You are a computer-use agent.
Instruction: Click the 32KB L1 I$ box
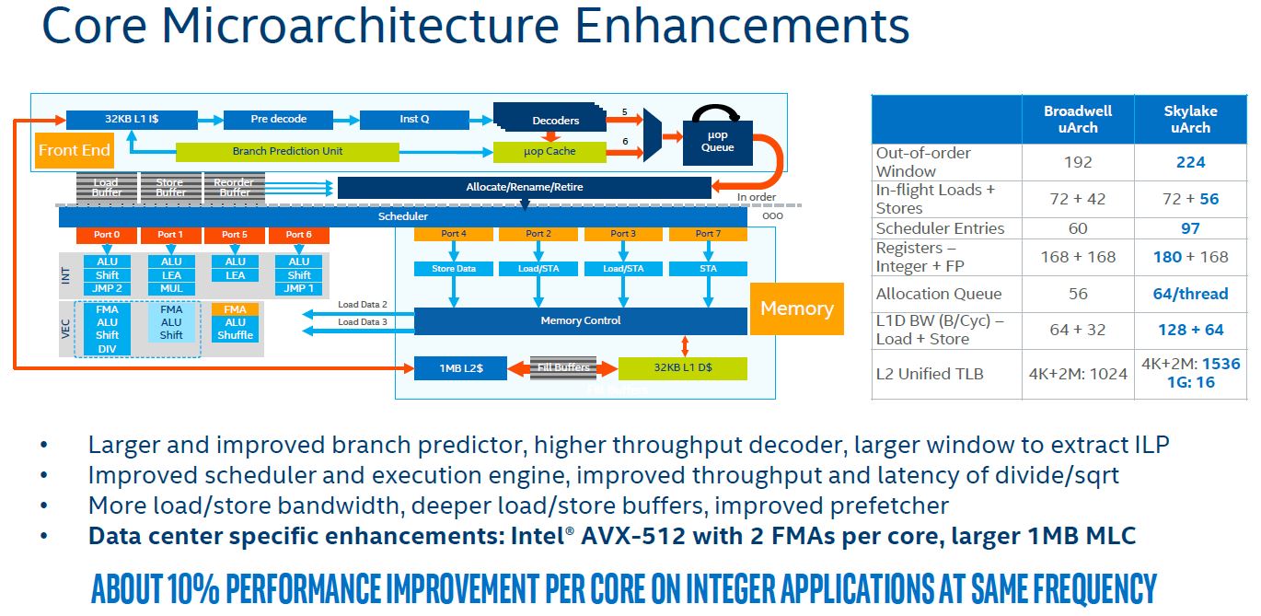tap(132, 119)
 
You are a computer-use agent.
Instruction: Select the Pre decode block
tap(278, 119)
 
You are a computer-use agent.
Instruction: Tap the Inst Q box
tap(414, 119)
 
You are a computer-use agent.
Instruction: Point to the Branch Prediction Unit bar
tap(287, 151)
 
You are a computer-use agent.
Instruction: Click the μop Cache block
tap(550, 151)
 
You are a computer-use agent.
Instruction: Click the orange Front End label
tap(75, 150)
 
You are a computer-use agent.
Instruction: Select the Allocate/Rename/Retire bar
tap(524, 187)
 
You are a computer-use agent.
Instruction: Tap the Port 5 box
tap(235, 235)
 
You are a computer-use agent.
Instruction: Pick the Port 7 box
tap(708, 234)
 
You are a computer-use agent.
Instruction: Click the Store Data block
tap(453, 269)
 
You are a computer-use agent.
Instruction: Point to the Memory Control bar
tap(580, 320)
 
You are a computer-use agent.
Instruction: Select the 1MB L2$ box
tap(461, 368)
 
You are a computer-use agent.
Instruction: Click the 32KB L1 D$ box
tap(682, 368)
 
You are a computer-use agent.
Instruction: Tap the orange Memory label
tap(797, 308)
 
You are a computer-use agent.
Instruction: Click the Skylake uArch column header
tap(1189, 119)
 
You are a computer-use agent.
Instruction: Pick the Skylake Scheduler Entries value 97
tap(1189, 227)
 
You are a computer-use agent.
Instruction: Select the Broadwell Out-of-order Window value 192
tap(1077, 162)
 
